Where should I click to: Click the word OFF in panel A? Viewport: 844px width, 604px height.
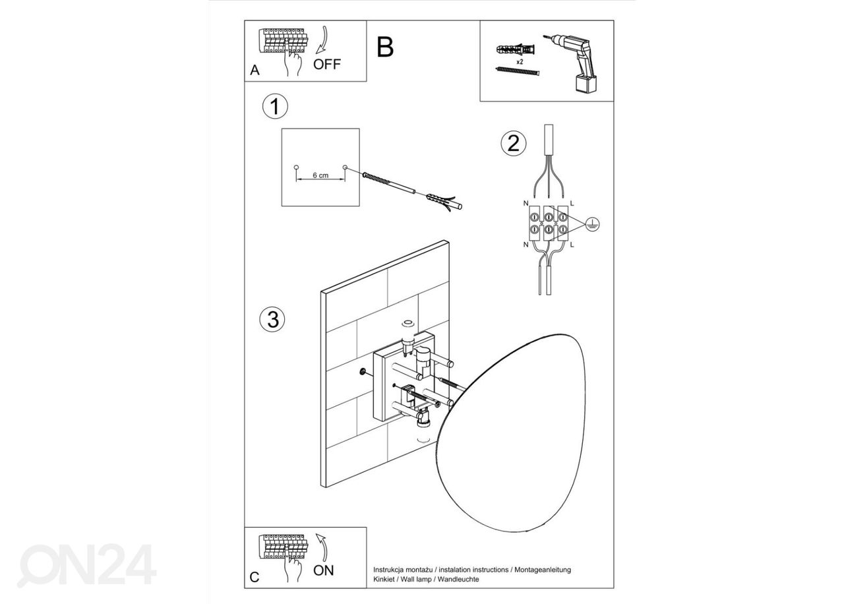point(327,65)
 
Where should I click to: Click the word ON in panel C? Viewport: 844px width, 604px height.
point(324,570)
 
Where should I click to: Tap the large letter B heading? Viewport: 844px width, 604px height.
point(386,47)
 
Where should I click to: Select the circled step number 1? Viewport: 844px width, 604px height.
point(275,107)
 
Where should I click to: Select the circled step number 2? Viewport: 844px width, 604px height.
point(514,143)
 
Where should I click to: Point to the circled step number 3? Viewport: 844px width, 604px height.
point(272,319)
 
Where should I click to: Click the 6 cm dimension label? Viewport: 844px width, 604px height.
point(320,175)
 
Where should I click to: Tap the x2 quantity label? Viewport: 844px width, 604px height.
point(520,61)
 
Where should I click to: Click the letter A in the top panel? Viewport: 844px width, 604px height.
point(255,71)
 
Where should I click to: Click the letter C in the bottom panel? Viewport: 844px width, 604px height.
point(255,578)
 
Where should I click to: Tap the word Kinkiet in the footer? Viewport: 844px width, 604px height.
point(384,579)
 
